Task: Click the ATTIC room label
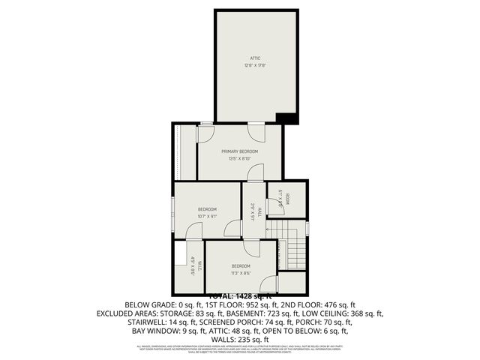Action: pos(254,58)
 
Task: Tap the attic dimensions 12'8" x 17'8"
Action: pos(254,66)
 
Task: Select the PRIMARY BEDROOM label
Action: pos(239,151)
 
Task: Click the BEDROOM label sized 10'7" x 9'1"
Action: pos(207,209)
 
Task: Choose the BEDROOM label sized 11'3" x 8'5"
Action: pos(240,266)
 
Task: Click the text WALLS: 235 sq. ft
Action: pos(239,338)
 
